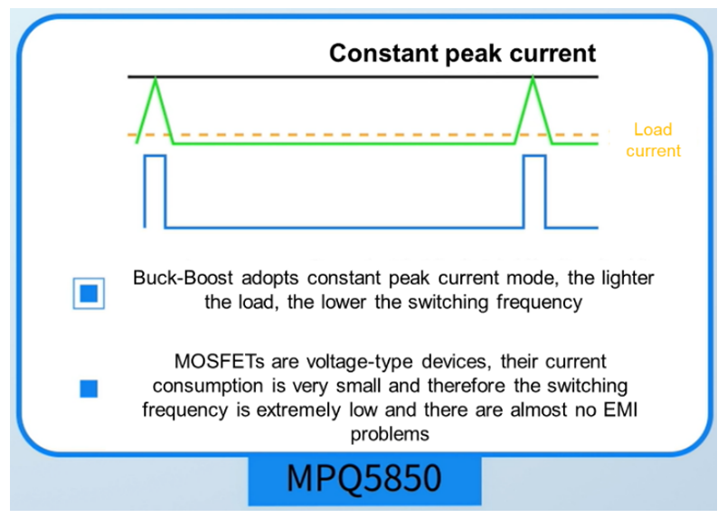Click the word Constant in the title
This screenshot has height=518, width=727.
pyautogui.click(x=384, y=52)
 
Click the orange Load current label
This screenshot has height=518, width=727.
pyautogui.click(x=653, y=140)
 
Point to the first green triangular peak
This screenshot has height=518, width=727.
pyautogui.click(x=156, y=110)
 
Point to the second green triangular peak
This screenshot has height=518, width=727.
pyautogui.click(x=533, y=110)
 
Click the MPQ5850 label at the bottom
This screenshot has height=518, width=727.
pyautogui.click(x=364, y=478)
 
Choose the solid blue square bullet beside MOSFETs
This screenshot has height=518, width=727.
pyautogui.click(x=89, y=389)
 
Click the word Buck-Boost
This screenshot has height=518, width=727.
pyautogui.click(x=183, y=278)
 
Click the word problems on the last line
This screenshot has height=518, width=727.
pyautogui.click(x=390, y=435)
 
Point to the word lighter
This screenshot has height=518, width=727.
pyautogui.click(x=628, y=278)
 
